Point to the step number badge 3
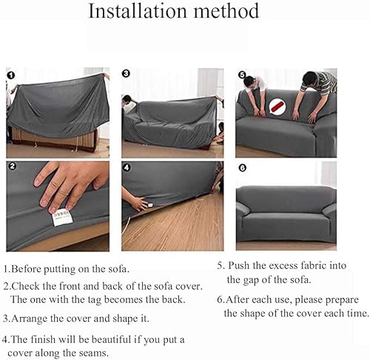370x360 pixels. point(126,74)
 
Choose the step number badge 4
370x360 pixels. point(127,168)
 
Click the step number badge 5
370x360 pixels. point(240,75)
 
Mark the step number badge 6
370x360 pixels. point(240,168)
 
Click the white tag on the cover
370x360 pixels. point(64,217)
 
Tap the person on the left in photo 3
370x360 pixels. point(129,104)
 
